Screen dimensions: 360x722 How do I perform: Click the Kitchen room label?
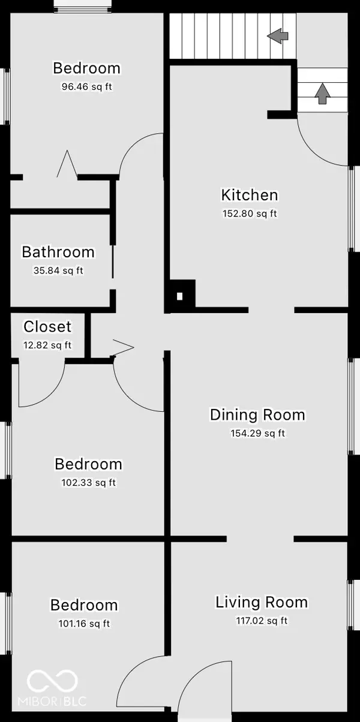pos(250,195)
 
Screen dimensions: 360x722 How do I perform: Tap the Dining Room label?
pos(257,414)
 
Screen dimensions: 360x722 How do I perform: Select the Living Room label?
pos(262,602)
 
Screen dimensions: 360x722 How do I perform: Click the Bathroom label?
pos(58,252)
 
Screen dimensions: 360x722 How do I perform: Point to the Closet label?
pos(47,326)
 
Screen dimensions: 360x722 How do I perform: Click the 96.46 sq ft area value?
pos(87,87)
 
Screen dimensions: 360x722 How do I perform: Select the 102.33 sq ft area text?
pos(88,483)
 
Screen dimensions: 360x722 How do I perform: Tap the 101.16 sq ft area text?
pos(84,624)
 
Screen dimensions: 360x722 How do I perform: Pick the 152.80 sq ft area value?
pos(250,213)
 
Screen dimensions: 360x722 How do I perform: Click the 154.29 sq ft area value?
pos(258,433)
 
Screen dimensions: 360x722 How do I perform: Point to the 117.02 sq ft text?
pos(262,621)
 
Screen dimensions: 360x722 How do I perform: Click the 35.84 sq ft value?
pos(58,270)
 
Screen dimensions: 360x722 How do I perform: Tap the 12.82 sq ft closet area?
pos(47,345)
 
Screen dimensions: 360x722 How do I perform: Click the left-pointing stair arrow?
pos(278,36)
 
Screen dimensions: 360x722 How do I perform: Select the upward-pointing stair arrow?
pos(322,94)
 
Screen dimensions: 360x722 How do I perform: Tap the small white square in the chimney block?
pos(179,296)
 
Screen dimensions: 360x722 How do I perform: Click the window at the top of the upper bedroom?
pos(83,7)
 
